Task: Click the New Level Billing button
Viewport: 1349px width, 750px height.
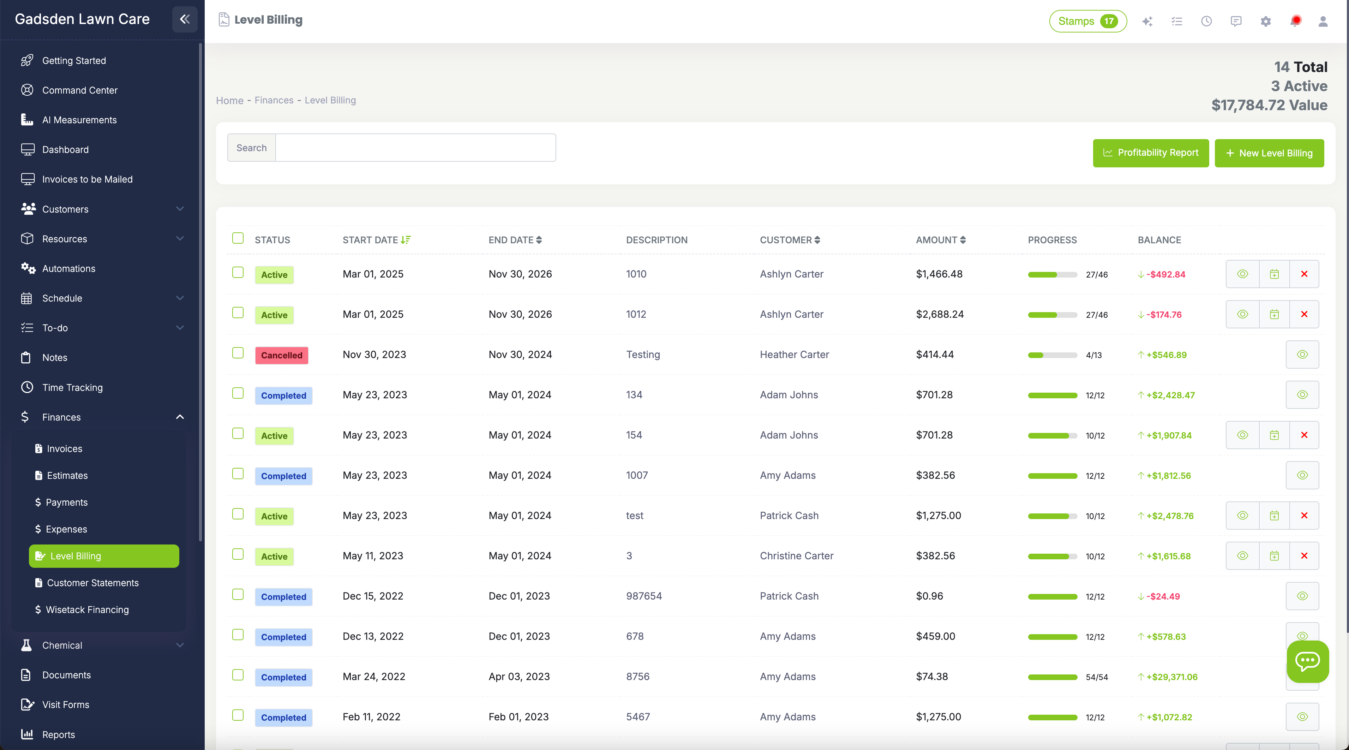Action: click(1269, 153)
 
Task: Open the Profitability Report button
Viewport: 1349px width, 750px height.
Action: click(1151, 153)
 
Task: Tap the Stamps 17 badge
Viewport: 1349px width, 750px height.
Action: click(1087, 21)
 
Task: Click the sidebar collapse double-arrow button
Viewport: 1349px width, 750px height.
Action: click(184, 19)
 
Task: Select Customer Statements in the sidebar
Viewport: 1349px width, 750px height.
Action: click(93, 583)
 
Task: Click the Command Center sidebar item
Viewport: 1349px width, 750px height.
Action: click(80, 90)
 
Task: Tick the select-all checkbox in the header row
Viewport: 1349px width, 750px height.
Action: click(238, 238)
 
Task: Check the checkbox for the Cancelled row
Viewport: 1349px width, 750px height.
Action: click(238, 353)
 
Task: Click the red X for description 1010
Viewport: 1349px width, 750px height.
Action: click(1304, 274)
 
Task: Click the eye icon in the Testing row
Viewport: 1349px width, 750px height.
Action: click(1302, 355)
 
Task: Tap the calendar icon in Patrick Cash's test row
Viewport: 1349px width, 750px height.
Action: click(1274, 516)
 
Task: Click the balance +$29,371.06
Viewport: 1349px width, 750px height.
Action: click(1171, 677)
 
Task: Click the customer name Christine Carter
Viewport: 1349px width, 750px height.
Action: click(796, 556)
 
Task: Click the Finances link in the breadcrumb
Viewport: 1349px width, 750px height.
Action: click(274, 100)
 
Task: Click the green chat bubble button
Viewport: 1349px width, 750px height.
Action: click(1307, 661)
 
